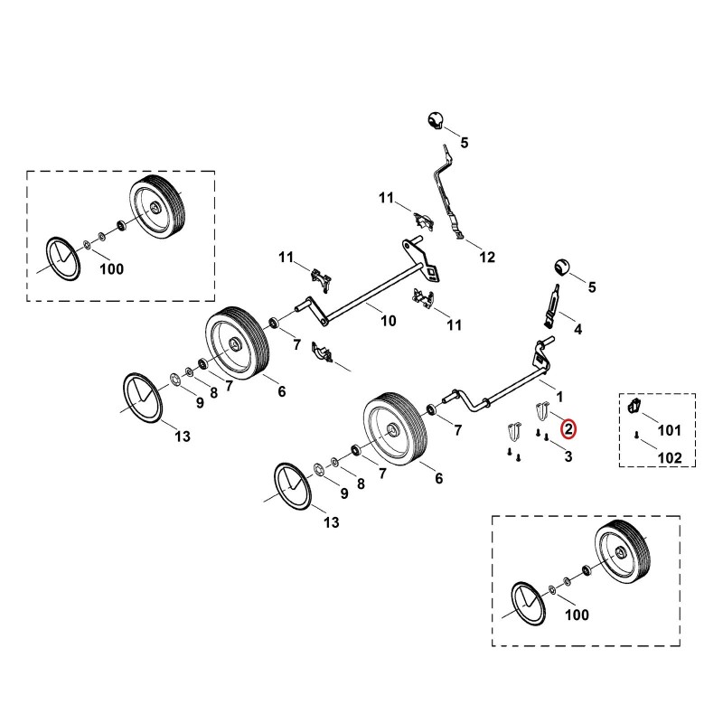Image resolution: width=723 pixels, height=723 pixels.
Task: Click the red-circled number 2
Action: click(x=568, y=428)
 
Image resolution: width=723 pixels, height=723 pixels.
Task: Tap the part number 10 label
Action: click(x=389, y=321)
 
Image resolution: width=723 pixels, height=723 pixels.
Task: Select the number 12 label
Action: click(x=487, y=257)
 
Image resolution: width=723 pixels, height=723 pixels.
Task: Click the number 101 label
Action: click(x=669, y=430)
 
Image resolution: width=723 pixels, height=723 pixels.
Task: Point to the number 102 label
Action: click(x=670, y=458)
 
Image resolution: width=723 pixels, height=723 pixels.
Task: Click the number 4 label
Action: click(x=577, y=329)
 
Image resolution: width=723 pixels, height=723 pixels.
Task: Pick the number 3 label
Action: click(x=568, y=456)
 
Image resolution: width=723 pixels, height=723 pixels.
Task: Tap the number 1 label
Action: click(x=559, y=397)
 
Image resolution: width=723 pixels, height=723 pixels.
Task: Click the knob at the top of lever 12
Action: click(x=435, y=120)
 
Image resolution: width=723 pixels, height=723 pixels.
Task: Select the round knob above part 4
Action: click(x=561, y=267)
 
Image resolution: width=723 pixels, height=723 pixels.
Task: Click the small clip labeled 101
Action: click(x=634, y=406)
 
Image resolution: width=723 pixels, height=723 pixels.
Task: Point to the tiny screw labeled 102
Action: click(x=636, y=435)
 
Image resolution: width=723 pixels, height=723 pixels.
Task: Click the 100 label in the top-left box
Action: click(x=111, y=268)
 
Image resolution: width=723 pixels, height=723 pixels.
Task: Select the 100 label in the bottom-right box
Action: click(x=577, y=615)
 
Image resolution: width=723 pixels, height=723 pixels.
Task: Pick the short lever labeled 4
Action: click(x=552, y=305)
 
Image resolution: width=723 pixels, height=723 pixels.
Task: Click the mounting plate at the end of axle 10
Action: click(x=422, y=259)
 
